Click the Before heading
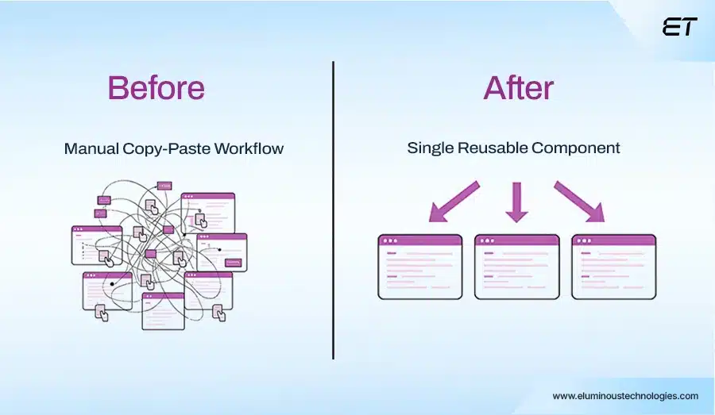click(156, 87)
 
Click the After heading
click(517, 87)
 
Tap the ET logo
click(679, 27)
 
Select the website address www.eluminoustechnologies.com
click(625, 396)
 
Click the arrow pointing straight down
click(516, 202)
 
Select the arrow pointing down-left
click(454, 202)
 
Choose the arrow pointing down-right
click(579, 202)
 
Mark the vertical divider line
click(333, 210)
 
